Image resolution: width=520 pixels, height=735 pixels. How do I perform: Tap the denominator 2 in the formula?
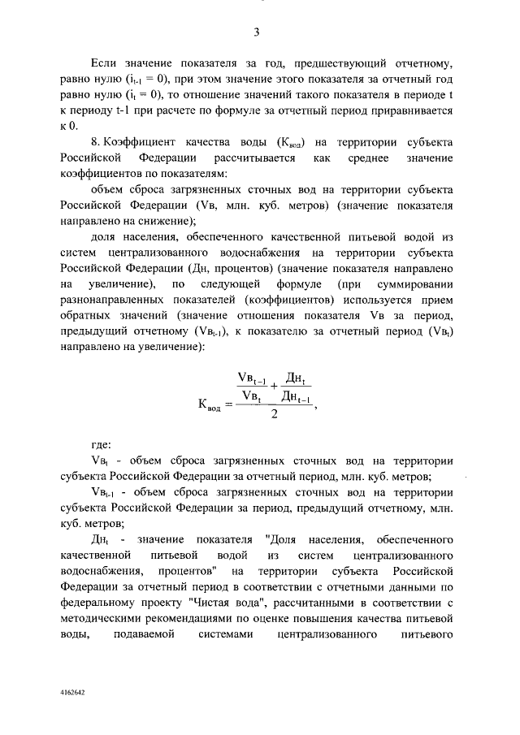274,413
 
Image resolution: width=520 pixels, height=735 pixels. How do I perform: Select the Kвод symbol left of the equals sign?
204,404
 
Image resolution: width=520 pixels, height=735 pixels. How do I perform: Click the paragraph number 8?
96,141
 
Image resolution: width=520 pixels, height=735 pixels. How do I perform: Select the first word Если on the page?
103,63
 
